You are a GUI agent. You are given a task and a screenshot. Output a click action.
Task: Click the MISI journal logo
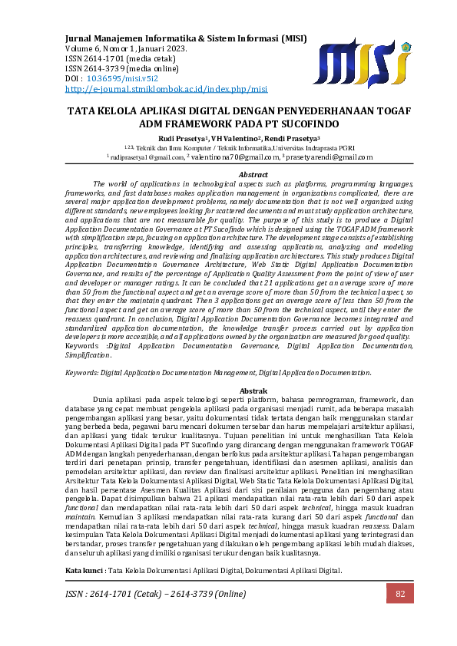[x=361, y=61]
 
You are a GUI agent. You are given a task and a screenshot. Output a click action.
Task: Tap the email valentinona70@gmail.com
[x=235, y=157]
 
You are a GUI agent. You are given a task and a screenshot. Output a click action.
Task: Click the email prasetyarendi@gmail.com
[x=323, y=157]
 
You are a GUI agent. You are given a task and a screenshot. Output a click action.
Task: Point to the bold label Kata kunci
[x=84, y=572]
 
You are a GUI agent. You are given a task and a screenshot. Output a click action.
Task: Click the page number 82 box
[x=399, y=594]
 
